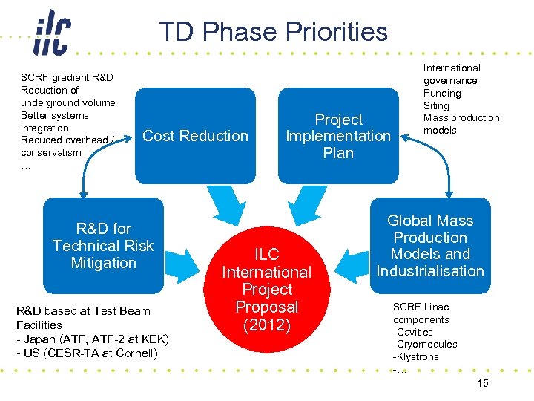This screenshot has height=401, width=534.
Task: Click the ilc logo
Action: click(51, 33)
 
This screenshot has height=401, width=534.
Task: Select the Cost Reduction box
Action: click(195, 135)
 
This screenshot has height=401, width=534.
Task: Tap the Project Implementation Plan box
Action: click(338, 135)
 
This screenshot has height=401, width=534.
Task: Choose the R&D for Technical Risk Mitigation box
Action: click(103, 245)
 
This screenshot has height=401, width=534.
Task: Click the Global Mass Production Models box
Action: click(430, 245)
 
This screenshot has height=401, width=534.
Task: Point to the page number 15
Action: click(482, 382)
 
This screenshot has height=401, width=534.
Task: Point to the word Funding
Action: click(442, 93)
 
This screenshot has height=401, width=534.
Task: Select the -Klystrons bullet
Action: click(415, 356)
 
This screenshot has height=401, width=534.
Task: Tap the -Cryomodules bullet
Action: click(425, 344)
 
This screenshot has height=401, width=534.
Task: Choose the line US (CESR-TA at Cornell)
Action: click(87, 353)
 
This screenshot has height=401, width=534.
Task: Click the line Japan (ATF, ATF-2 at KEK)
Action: click(93, 339)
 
